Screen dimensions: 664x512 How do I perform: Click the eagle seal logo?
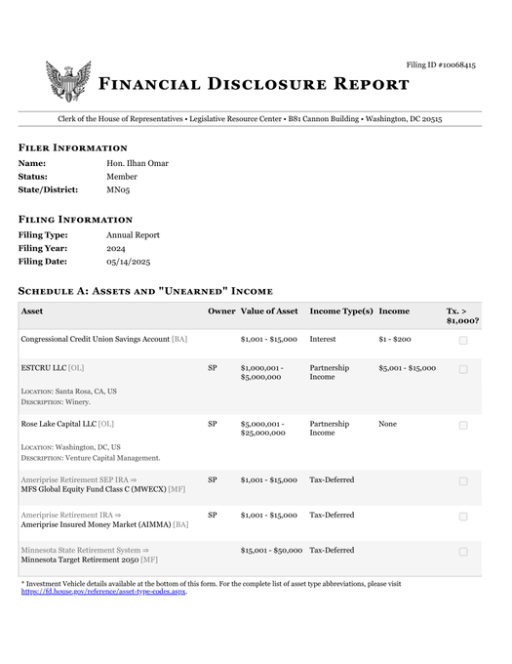[x=67, y=81]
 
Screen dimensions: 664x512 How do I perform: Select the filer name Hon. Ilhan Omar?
[x=138, y=163]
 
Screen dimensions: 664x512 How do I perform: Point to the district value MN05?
[x=118, y=190]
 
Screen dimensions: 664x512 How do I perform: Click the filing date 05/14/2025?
[x=128, y=263]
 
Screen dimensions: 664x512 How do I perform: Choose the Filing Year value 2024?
[x=116, y=249]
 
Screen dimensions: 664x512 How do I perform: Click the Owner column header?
[x=220, y=311]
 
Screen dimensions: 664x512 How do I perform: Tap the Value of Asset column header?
[x=269, y=311]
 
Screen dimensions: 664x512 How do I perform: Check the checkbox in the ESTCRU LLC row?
[x=462, y=369]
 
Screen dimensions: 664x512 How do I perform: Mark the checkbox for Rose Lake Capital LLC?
[x=462, y=425]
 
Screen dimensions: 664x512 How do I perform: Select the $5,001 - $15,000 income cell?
[x=407, y=368]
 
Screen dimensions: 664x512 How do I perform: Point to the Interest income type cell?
[x=323, y=339]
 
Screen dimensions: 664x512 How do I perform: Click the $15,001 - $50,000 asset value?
[x=271, y=551]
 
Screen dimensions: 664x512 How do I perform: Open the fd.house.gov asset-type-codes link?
[x=103, y=592]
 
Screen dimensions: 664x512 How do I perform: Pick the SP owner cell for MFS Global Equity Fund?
[x=213, y=480]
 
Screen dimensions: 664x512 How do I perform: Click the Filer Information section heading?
[x=73, y=147]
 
